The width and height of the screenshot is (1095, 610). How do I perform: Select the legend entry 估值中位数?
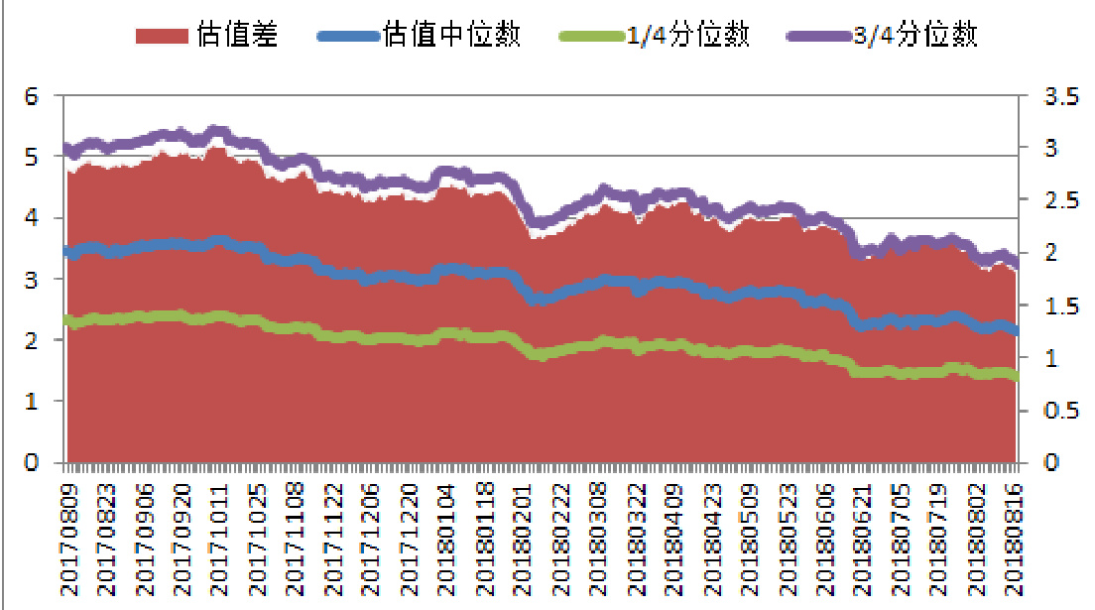point(450,36)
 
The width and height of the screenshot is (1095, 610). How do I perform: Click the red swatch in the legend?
point(162,36)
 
